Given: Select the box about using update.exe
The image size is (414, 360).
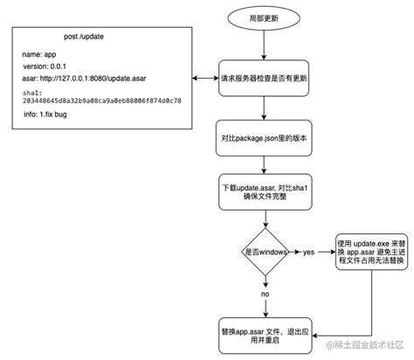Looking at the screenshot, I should [x=370, y=252].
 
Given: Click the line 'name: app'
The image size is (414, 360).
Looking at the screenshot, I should [x=40, y=54].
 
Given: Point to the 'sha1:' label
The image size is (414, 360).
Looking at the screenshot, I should [x=31, y=91].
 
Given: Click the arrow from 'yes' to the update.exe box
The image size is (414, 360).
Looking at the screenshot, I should [x=326, y=252].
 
